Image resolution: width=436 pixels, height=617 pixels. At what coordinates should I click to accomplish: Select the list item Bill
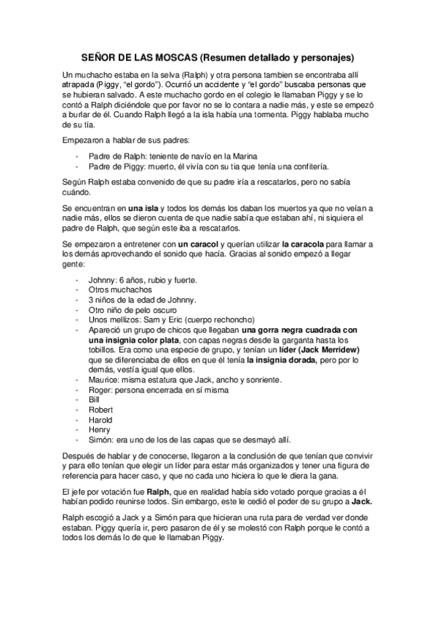92,400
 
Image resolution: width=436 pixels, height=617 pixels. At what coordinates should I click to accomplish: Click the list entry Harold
100,420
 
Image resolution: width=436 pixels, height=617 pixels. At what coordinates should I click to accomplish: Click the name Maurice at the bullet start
103,380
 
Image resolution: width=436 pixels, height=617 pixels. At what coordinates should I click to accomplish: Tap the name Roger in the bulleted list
100,390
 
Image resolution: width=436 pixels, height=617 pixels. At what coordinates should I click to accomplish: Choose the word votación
113,492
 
